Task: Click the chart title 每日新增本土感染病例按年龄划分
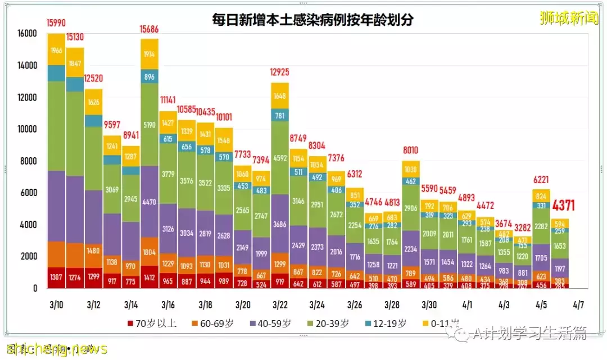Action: (x=312, y=21)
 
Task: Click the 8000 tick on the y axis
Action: (x=29, y=161)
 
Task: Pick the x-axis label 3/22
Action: (x=279, y=305)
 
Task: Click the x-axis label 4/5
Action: (x=540, y=305)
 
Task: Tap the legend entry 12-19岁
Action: (x=383, y=323)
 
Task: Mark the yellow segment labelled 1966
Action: (x=56, y=50)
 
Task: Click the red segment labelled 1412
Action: (x=149, y=277)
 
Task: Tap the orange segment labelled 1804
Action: (x=149, y=252)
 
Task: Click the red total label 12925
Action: (x=279, y=73)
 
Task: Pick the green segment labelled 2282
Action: (x=541, y=226)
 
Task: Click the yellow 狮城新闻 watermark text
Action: (x=568, y=19)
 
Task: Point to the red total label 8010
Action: (x=410, y=151)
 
